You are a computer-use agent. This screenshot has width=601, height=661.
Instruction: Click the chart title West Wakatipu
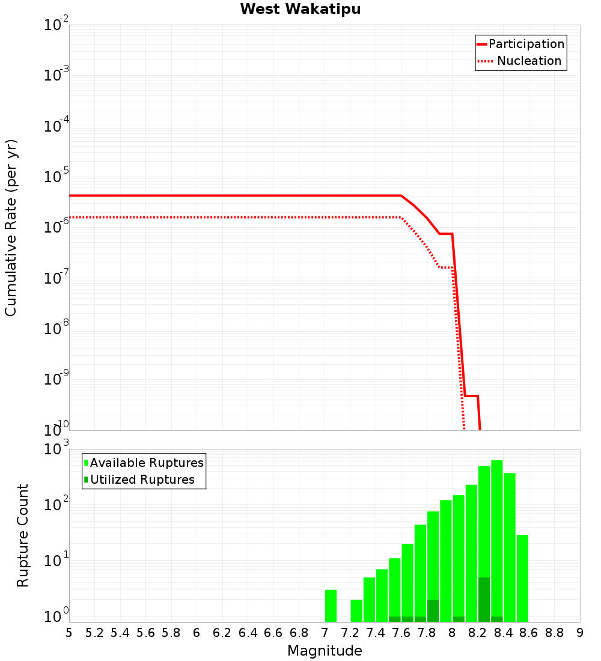point(300,10)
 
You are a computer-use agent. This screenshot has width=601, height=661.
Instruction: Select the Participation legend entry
point(526,44)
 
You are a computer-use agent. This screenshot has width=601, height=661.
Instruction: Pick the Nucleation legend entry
point(528,61)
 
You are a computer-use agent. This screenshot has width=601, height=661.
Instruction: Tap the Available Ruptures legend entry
point(146,463)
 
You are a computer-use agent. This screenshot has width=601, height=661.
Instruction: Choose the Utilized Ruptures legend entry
point(142,480)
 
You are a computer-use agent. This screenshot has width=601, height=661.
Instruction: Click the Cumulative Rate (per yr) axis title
point(11,227)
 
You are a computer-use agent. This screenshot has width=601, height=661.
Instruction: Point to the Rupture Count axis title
point(22,535)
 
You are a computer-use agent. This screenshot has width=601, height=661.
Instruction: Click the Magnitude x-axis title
point(325,651)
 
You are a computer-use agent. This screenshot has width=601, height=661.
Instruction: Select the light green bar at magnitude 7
point(331,606)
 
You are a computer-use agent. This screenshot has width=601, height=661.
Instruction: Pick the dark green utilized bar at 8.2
point(484,600)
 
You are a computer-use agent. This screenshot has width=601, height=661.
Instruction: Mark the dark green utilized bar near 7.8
point(433,611)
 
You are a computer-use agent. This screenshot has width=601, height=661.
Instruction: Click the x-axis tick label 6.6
point(273,633)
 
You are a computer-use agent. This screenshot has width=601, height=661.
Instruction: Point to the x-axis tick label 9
point(579,633)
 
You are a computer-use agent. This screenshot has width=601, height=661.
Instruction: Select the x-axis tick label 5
point(69,633)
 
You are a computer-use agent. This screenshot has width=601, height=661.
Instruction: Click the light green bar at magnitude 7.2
point(356,611)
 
